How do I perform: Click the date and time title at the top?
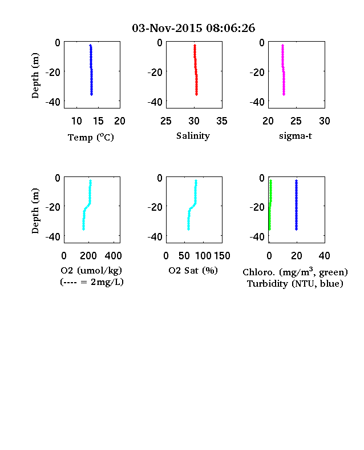[x=193, y=28]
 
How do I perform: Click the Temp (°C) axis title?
[x=91, y=138]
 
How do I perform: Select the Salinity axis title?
[x=193, y=136]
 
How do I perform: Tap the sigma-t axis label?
[x=296, y=136]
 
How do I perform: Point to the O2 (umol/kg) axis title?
[x=91, y=270]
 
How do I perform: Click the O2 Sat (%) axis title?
[x=193, y=270]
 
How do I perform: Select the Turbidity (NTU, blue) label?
[x=295, y=284]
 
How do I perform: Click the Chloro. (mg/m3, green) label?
[x=295, y=272]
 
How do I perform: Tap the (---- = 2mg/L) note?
[x=92, y=282]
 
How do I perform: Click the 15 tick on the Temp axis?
[x=98, y=121]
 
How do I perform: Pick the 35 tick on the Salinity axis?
[x=222, y=121]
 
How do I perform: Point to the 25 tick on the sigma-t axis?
[x=296, y=121]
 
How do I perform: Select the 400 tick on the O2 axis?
[x=113, y=256]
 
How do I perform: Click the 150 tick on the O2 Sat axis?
[x=222, y=256]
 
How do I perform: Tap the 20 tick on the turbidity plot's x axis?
[x=296, y=256]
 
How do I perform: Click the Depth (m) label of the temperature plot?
[x=35, y=75]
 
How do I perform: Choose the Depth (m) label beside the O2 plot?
[x=35, y=211]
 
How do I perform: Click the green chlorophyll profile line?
[x=270, y=205]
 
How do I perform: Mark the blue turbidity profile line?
[x=296, y=205]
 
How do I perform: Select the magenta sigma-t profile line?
[x=283, y=70]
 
